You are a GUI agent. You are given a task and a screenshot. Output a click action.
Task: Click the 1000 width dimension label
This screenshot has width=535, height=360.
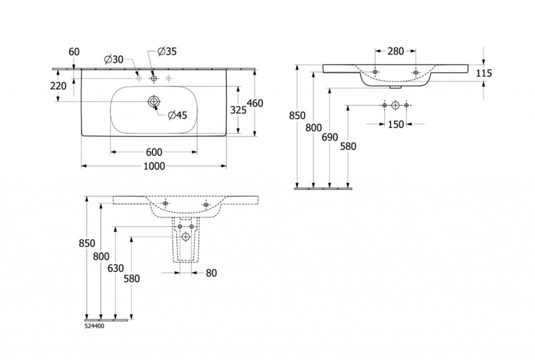pyautogui.click(x=154, y=166)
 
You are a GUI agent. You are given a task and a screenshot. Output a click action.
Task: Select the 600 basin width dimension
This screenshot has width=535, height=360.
pyautogui.click(x=154, y=152)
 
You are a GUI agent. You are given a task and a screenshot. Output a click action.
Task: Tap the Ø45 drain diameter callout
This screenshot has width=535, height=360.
pyautogui.click(x=178, y=115)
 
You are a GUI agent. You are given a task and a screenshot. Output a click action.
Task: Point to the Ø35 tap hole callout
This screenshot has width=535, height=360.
pyautogui.click(x=167, y=52)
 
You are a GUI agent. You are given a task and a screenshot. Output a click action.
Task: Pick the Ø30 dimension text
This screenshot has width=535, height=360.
pyautogui.click(x=114, y=60)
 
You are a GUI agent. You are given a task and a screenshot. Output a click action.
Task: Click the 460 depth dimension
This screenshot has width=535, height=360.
pyautogui.click(x=255, y=103)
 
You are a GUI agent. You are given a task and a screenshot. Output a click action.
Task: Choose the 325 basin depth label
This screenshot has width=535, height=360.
pyautogui.click(x=238, y=110)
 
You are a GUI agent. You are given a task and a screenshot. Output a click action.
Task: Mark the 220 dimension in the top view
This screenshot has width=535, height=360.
pyautogui.click(x=59, y=86)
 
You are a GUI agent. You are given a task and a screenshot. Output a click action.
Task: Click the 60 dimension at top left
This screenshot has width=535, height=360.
pyautogui.click(x=74, y=52)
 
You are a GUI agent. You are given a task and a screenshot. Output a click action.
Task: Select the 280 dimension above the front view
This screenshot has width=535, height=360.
pyautogui.click(x=396, y=51)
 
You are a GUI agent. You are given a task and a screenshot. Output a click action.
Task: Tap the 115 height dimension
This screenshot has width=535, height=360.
pyautogui.click(x=484, y=73)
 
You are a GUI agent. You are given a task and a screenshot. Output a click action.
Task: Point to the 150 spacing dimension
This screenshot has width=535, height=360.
pyautogui.click(x=396, y=124)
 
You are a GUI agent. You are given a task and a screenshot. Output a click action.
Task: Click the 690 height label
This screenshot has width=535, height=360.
pyautogui.click(x=330, y=137)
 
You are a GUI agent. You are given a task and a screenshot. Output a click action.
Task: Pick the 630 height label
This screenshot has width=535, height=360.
pyautogui.click(x=115, y=269)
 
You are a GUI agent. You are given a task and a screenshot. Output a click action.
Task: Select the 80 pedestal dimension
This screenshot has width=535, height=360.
pyautogui.click(x=212, y=273)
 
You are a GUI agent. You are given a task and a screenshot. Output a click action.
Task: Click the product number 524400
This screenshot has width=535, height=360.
pyautogui.click(x=95, y=326)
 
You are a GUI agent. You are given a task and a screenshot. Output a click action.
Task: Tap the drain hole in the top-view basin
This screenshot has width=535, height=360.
pyautogui.click(x=154, y=101)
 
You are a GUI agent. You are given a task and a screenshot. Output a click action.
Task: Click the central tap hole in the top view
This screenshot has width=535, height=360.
pyautogui.click(x=154, y=78)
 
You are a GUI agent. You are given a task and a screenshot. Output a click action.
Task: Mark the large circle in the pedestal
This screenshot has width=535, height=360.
pyautogui.click(x=185, y=236)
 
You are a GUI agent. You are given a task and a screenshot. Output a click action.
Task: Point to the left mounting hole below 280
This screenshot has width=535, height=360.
pyautogui.click(x=375, y=72)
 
